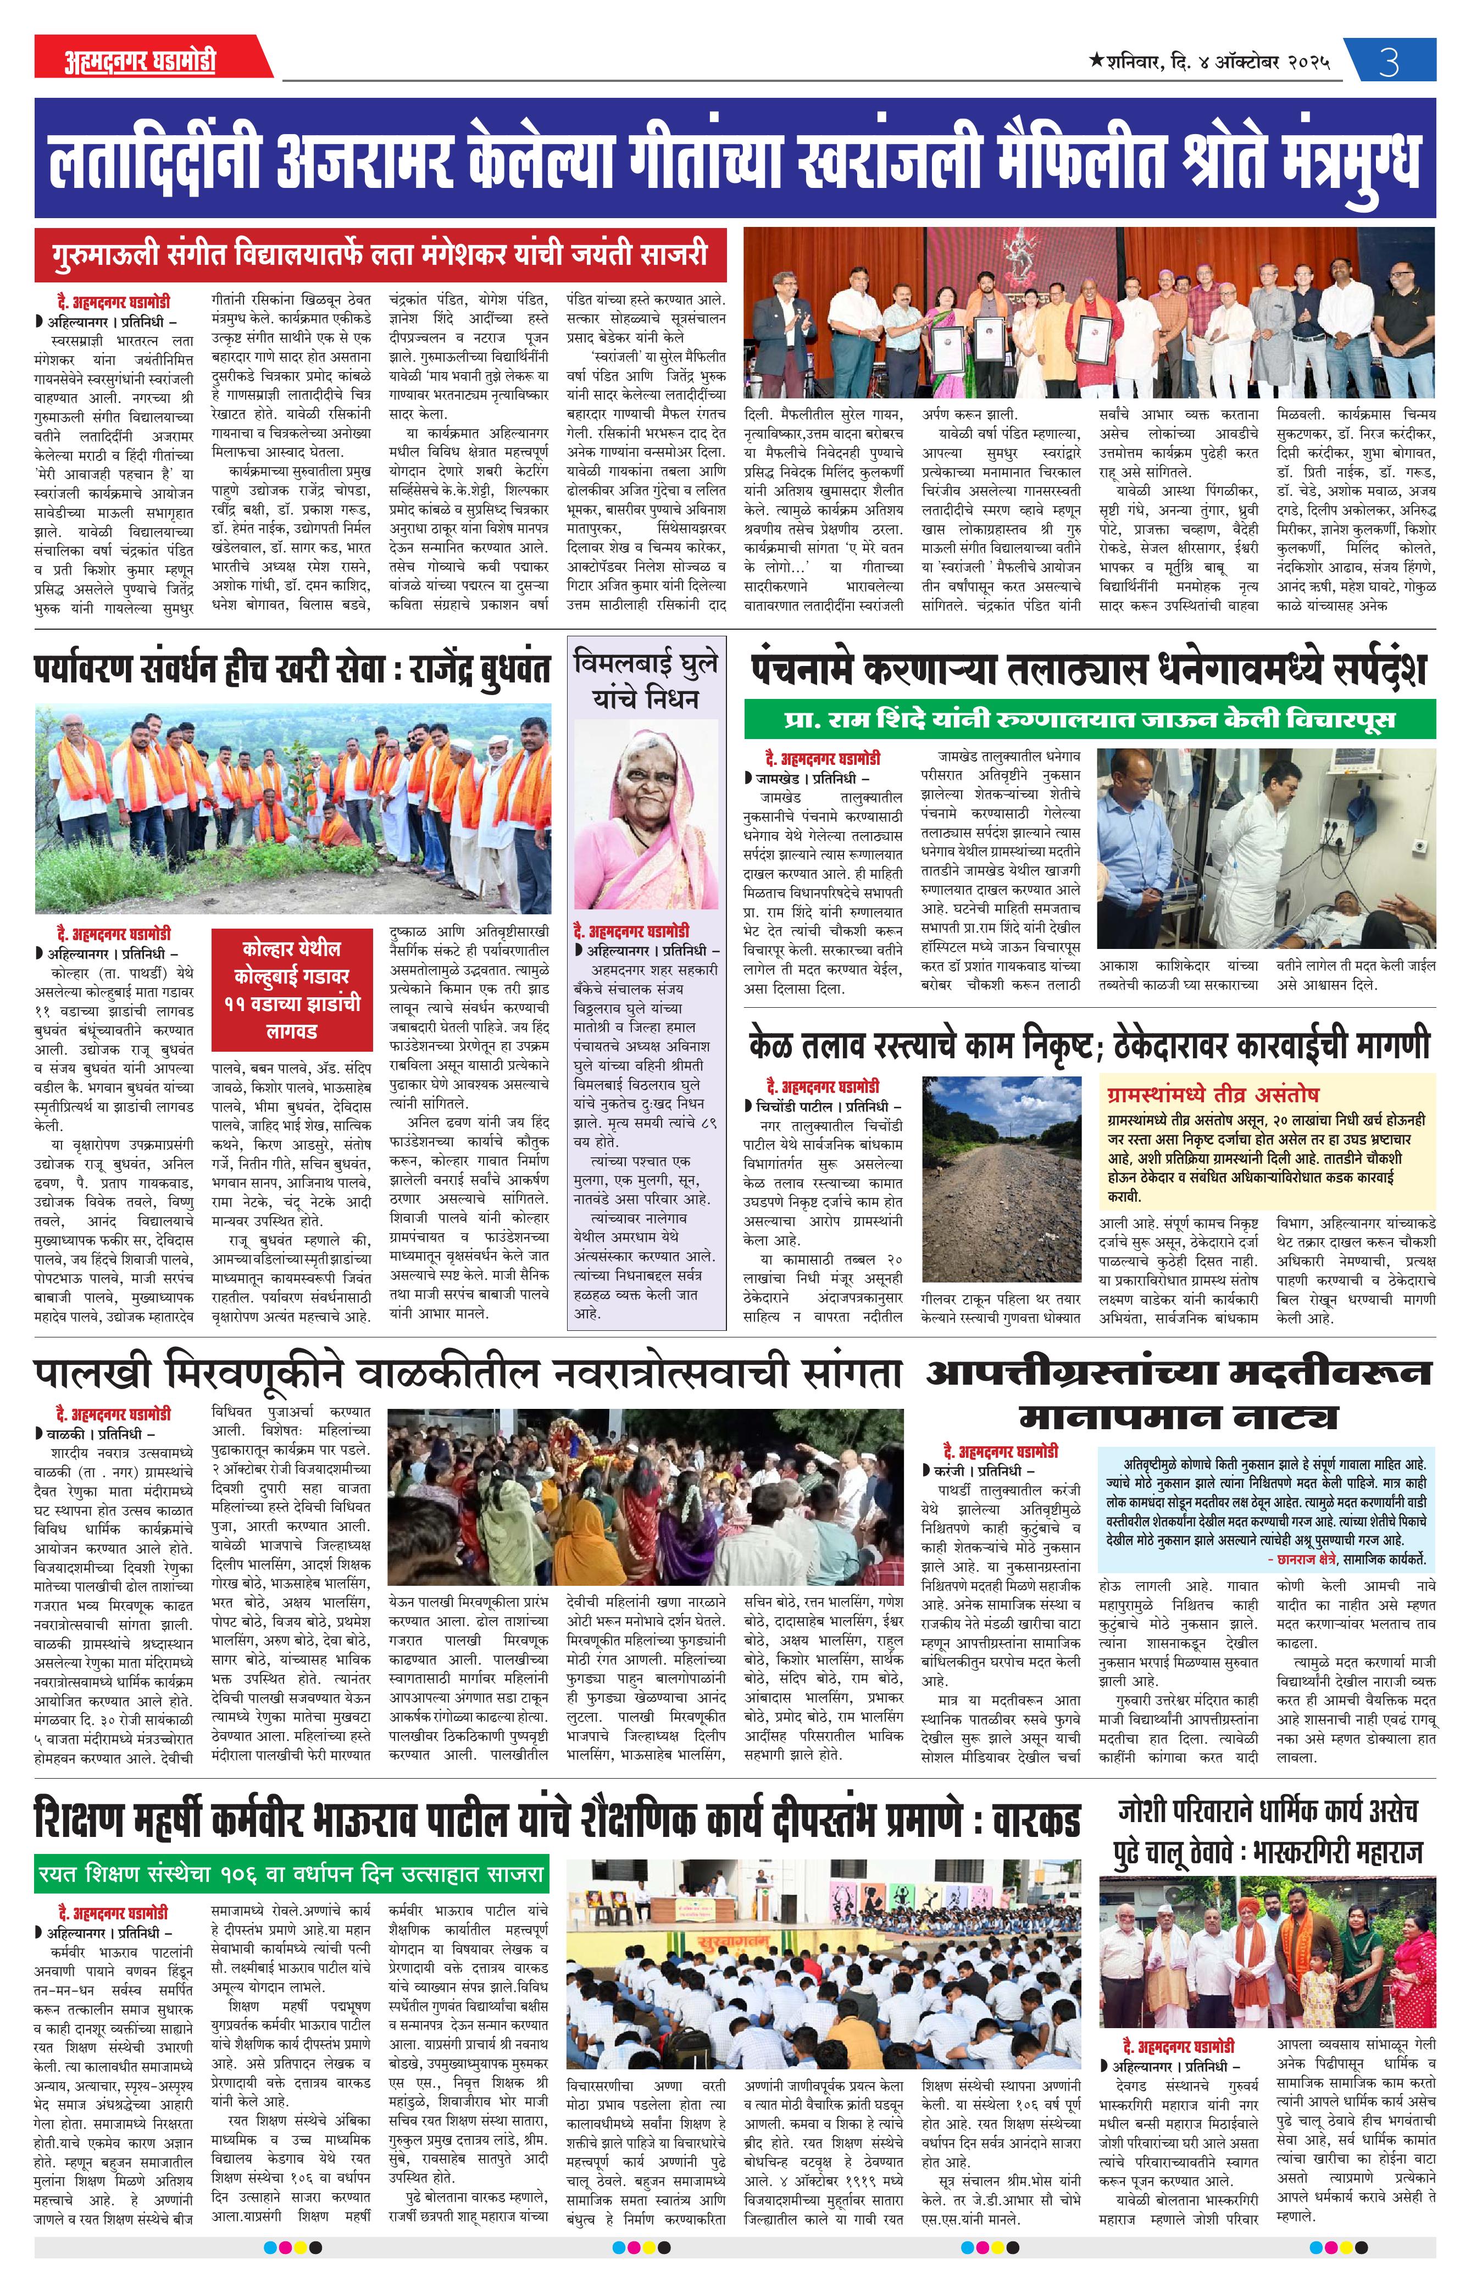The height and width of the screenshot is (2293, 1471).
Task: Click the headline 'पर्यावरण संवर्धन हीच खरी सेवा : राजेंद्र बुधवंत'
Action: (292, 669)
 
